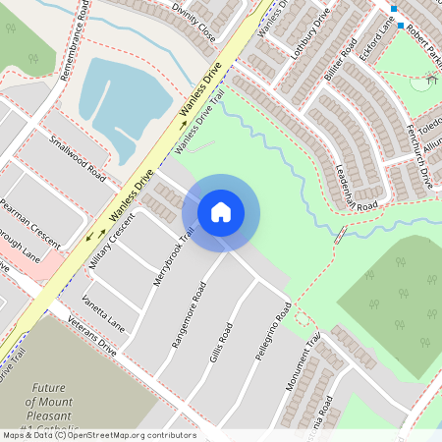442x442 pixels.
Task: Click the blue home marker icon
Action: (221, 211)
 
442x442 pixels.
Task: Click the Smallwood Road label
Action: (79, 158)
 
